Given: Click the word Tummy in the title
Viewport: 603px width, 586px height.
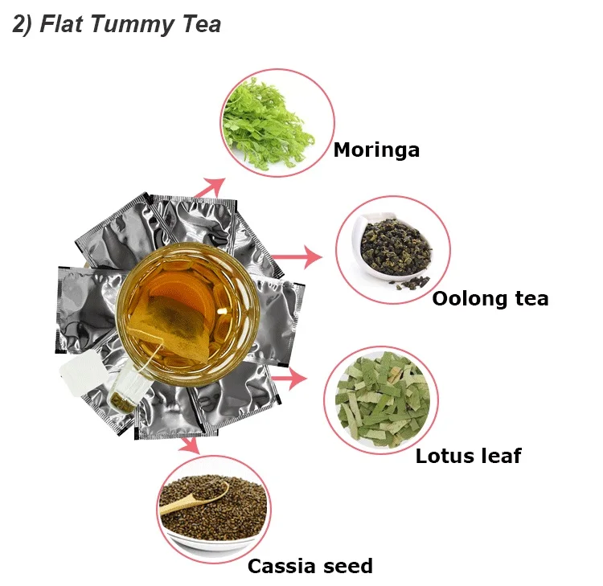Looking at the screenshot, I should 128,25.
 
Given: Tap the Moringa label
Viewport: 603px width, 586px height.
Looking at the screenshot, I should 376,150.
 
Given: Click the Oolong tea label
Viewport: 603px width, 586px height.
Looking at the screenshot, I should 490,299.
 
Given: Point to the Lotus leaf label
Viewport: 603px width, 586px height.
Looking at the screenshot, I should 468,457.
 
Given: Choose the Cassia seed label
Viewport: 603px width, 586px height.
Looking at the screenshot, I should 310,566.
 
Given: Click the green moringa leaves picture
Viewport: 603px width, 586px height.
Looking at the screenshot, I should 277,123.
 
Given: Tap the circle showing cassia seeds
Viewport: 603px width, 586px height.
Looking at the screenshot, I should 212,509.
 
